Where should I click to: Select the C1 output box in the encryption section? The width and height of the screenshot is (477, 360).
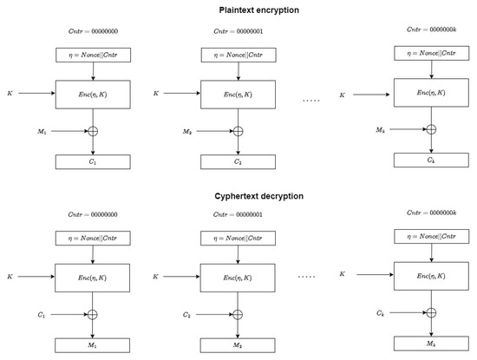click(93, 161)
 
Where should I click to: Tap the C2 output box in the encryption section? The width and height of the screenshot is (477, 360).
click(237, 161)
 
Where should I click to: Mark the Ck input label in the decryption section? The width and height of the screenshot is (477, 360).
click(379, 310)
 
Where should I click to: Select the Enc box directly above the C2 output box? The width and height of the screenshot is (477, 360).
click(237, 93)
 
